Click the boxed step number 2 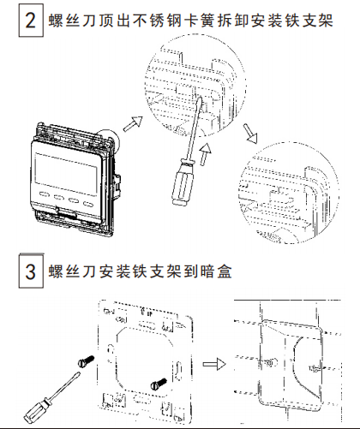pos(31,19)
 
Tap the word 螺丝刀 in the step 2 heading pos(70,19)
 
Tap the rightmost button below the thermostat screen pos(87,204)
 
